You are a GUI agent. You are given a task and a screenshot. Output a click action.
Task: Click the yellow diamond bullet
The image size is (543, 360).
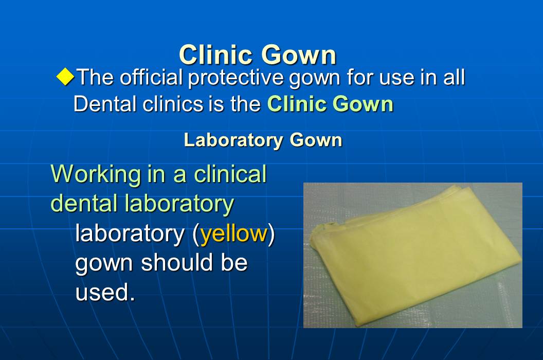(x=65, y=78)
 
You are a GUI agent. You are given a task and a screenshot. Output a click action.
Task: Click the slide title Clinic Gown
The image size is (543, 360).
(x=258, y=55)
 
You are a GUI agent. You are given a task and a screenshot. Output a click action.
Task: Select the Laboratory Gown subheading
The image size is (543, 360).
(x=263, y=140)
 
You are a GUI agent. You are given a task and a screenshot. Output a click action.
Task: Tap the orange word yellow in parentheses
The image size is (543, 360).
(x=234, y=234)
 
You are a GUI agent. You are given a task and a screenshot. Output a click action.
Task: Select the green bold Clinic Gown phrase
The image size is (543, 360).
(x=330, y=104)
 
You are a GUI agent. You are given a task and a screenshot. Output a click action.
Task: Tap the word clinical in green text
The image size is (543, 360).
(x=230, y=174)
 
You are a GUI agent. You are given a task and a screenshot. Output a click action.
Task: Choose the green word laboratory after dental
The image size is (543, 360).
(x=179, y=203)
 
